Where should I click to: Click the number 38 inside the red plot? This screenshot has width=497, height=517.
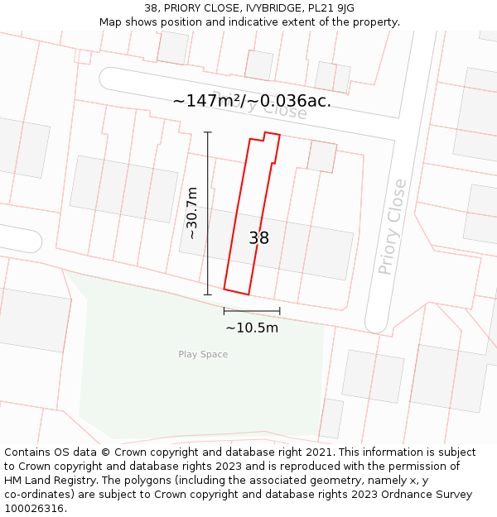258,238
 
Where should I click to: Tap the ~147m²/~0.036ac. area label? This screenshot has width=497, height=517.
252,101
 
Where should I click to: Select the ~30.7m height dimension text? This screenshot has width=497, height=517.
192,213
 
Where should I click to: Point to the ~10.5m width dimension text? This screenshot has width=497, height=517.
252,328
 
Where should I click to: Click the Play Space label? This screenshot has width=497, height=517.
203,355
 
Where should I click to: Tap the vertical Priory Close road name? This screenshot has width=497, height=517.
393,227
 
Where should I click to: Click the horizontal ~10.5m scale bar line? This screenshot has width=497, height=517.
252,311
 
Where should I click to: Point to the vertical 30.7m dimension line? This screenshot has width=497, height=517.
208,213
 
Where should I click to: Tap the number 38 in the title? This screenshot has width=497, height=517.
152,8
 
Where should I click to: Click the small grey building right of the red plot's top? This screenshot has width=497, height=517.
322,156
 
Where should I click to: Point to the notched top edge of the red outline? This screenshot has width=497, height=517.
265,136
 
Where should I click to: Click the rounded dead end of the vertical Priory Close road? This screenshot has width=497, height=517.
376,323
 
